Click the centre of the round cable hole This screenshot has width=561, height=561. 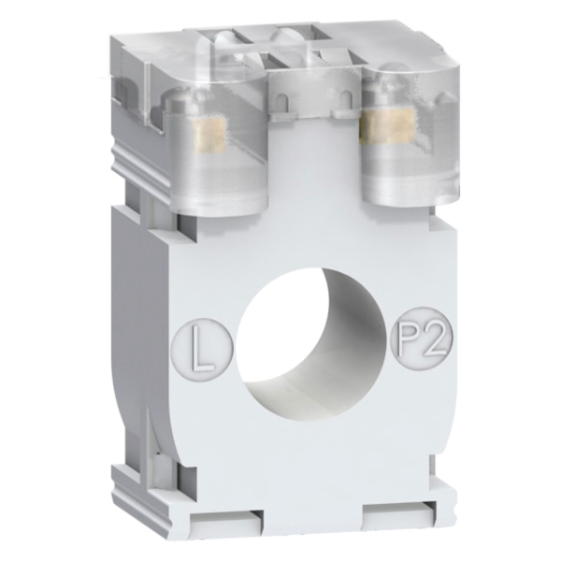(312, 343)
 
